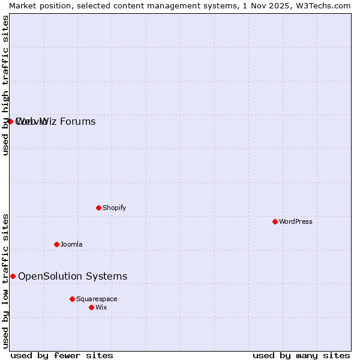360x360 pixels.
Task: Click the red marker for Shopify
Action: click(x=98, y=208)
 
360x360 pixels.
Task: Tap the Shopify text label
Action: click(x=114, y=208)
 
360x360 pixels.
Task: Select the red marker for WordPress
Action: click(x=275, y=221)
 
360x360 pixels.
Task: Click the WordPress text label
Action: click(x=295, y=221)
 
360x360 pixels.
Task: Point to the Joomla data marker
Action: click(x=56, y=244)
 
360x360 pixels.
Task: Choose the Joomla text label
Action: click(x=71, y=244)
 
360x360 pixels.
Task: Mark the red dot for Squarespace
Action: click(x=72, y=299)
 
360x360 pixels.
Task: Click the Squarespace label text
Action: click(x=97, y=299)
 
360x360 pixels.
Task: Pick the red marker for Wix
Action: click(x=91, y=307)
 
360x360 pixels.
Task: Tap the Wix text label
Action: click(x=101, y=307)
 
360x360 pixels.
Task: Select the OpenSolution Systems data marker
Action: click(x=13, y=276)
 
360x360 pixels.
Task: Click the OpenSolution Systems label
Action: click(x=73, y=276)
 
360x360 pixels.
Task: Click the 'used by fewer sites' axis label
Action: click(x=62, y=355)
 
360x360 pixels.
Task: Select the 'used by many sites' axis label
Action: click(x=301, y=355)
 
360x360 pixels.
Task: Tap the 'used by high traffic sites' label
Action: click(x=5, y=85)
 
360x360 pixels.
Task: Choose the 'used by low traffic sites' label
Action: click(x=5, y=280)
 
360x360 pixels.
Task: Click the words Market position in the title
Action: click(x=38, y=5)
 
